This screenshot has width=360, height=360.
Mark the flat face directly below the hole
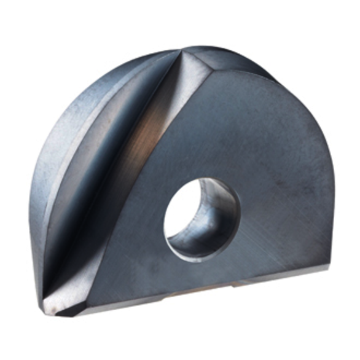[197, 273]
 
